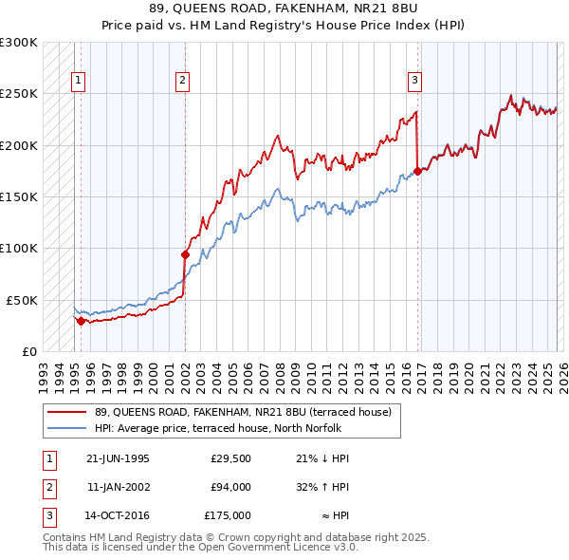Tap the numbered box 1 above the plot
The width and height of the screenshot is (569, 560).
click(77, 82)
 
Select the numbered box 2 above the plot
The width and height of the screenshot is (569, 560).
click(181, 82)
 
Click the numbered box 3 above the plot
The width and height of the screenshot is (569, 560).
click(414, 82)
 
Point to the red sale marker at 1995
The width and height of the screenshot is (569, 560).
click(81, 321)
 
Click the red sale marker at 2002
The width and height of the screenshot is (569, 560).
click(185, 254)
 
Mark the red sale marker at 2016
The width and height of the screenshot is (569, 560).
click(417, 172)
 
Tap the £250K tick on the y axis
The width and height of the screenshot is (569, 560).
click(19, 94)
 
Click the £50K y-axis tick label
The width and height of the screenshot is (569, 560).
click(22, 300)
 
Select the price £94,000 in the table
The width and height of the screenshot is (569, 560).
click(230, 487)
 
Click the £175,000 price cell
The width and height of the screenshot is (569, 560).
click(228, 515)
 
